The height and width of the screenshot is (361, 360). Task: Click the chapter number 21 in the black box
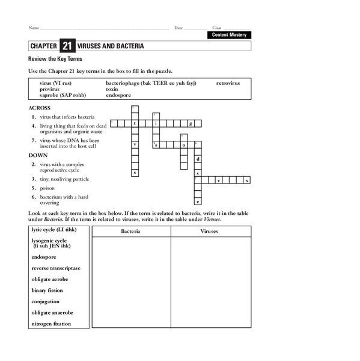tap(66, 46)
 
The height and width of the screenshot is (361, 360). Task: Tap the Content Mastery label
tap(229, 35)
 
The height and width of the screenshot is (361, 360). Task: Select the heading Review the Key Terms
tap(55, 59)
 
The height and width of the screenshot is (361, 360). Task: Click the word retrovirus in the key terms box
tap(228, 83)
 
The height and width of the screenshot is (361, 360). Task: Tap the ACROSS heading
tap(39, 108)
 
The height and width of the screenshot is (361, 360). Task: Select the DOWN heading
tap(38, 155)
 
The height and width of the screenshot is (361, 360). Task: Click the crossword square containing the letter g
tap(190, 123)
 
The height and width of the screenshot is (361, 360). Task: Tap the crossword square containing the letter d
tap(197, 159)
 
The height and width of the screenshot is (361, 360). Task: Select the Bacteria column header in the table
tap(131, 230)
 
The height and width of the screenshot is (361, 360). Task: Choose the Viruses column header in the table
tap(210, 230)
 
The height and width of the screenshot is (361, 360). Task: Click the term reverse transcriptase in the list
tap(56, 268)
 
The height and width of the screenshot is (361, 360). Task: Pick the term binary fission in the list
tap(47, 290)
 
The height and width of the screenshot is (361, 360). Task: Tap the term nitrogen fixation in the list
tap(51, 324)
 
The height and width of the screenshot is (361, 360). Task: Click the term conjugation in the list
tap(46, 301)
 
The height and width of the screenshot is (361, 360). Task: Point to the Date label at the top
tap(178, 28)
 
